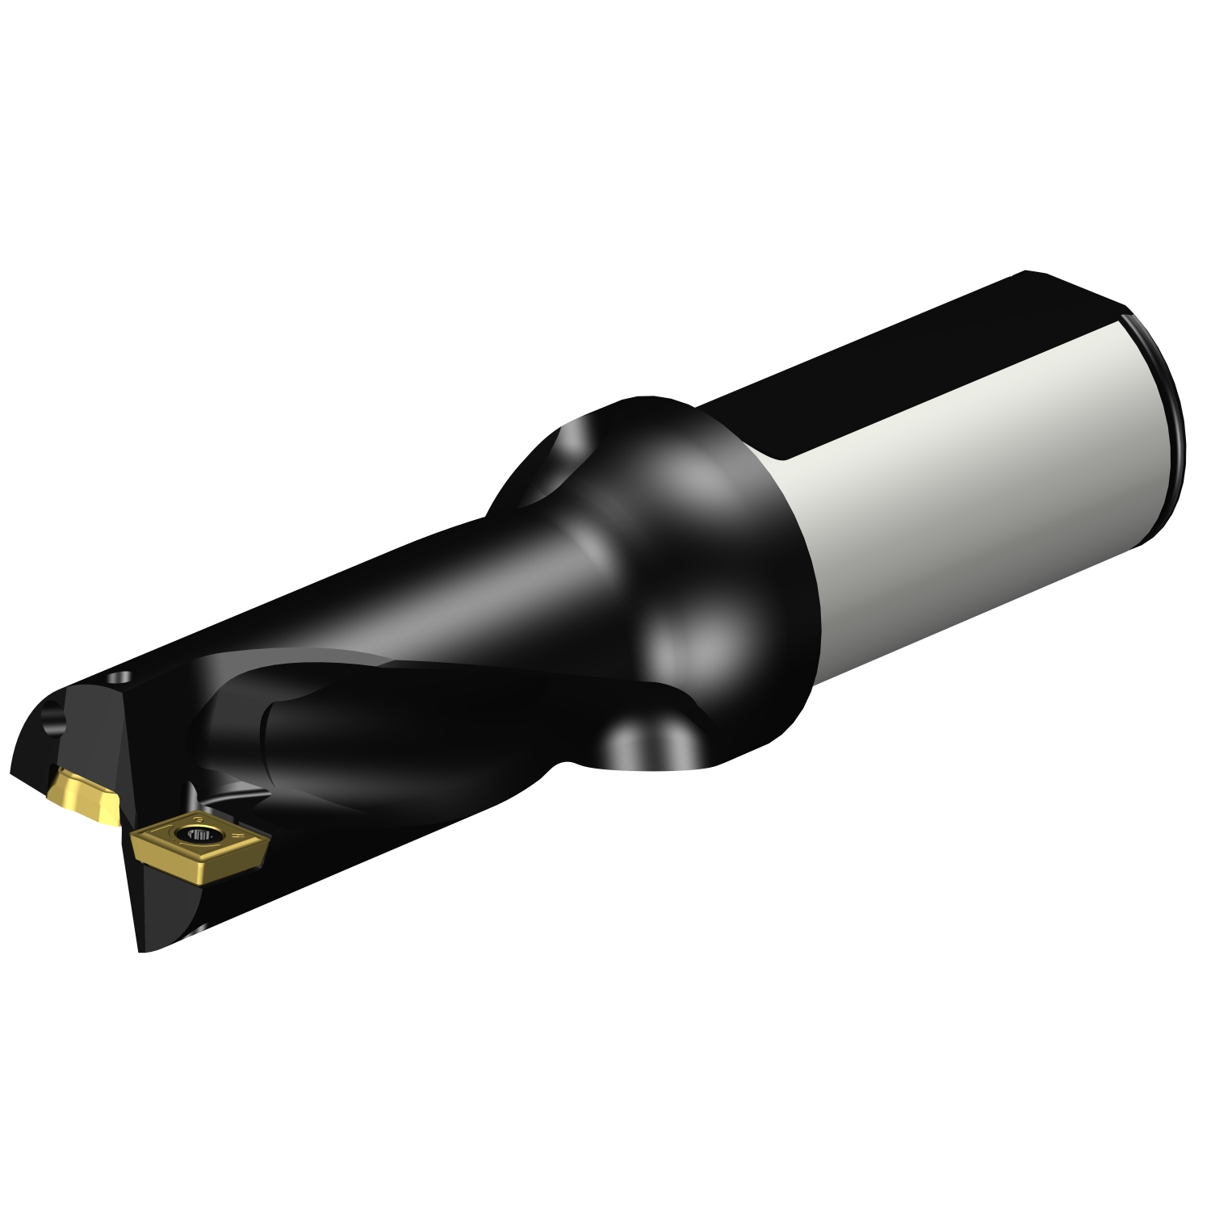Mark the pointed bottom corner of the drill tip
pyautogui.click(x=142, y=951)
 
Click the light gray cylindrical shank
pyautogui.click(x=969, y=484)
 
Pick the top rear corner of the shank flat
pyautogui.click(x=1025, y=273)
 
